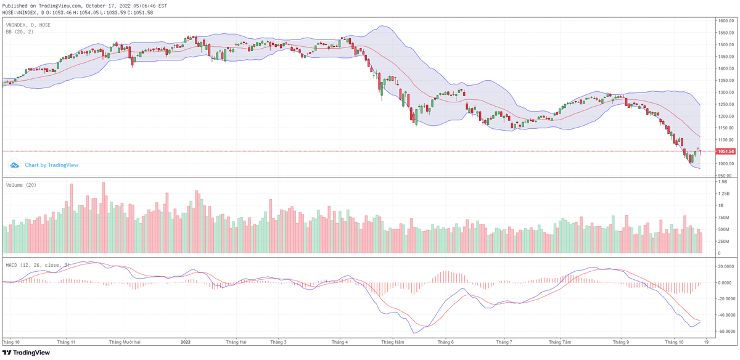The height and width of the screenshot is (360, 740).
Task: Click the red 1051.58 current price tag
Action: tap(726, 151)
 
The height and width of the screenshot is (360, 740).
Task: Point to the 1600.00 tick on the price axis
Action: tap(725, 20)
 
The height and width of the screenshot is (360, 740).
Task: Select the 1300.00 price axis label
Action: tap(725, 92)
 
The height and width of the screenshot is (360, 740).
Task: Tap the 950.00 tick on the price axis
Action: tap(724, 176)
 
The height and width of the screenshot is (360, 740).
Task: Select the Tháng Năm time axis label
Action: tap(392, 341)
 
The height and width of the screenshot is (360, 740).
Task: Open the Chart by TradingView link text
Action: tap(51, 165)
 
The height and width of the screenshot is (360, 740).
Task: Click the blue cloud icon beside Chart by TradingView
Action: tap(14, 165)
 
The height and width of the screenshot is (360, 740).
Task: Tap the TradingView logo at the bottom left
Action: tap(25, 353)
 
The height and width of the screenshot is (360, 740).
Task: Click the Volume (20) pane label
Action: tap(20, 185)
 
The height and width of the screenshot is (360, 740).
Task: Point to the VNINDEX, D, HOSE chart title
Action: tap(28, 25)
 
